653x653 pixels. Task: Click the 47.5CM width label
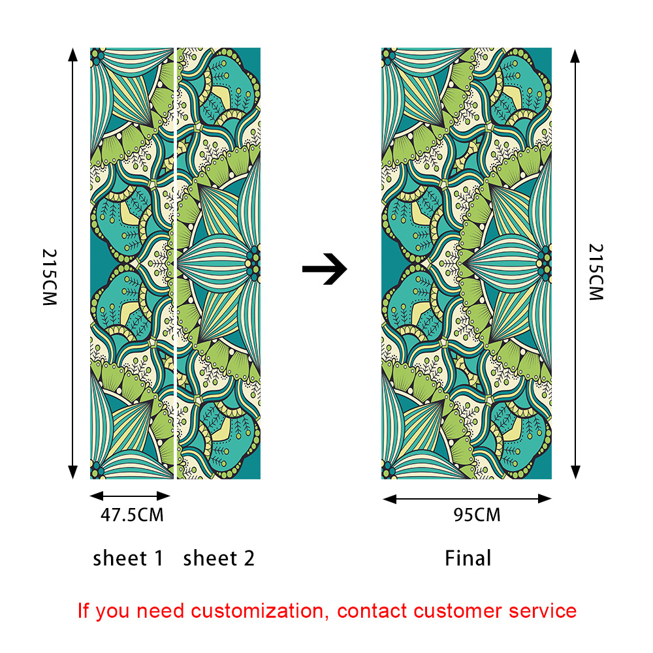coord(132,515)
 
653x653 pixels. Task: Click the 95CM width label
coord(477,515)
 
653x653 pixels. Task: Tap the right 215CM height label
coord(596,272)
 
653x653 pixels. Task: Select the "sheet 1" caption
coord(128,558)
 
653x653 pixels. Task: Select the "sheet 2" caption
coord(219,558)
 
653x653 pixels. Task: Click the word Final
coord(468,558)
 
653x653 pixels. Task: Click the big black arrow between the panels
coord(325,268)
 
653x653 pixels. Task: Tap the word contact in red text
coord(372,611)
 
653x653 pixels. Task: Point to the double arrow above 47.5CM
coord(130,496)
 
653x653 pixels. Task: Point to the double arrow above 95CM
coord(467,499)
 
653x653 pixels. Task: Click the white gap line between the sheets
coord(175,261)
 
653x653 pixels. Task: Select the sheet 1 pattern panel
coord(131,261)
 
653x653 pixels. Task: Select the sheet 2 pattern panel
coord(219,261)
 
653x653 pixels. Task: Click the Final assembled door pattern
coord(466,261)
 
